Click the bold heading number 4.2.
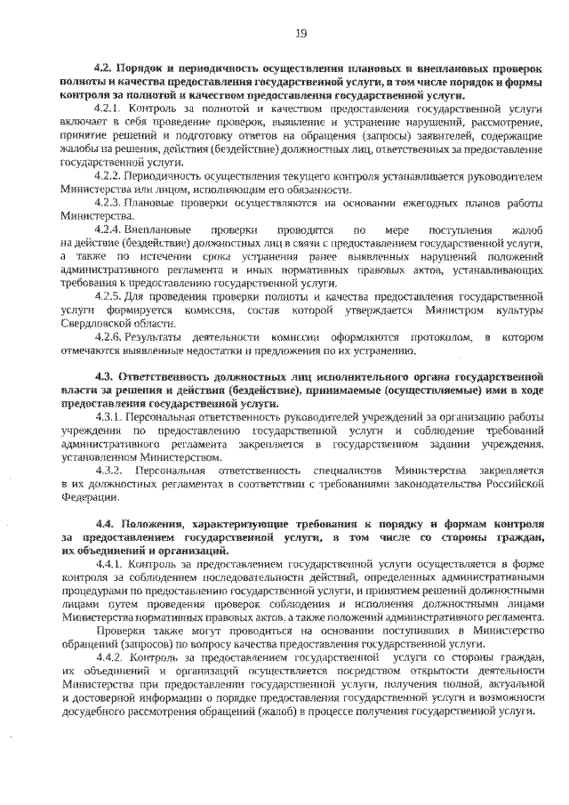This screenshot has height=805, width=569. (x=105, y=68)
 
